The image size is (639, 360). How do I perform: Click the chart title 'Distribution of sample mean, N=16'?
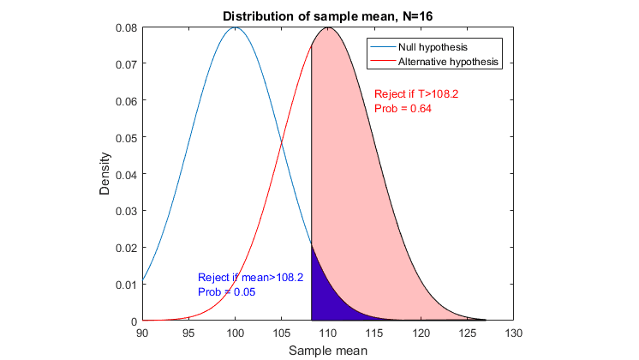[x=328, y=16]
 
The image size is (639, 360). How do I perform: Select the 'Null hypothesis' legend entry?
[x=433, y=46]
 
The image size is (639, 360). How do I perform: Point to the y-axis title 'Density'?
[x=105, y=174]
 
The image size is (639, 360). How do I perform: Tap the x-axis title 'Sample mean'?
[x=328, y=351]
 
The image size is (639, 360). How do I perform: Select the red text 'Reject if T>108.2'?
[x=416, y=94]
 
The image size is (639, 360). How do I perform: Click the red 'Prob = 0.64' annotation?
[x=403, y=109]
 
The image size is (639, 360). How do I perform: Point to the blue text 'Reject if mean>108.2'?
[x=250, y=278]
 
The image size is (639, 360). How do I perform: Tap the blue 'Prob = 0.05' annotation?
[x=227, y=292]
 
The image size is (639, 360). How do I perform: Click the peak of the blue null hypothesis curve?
[x=236, y=27]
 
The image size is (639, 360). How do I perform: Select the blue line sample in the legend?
[x=383, y=46]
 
